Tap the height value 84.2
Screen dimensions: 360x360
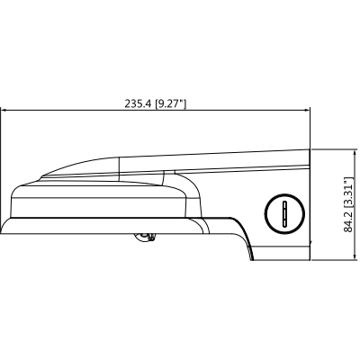coord(348,221)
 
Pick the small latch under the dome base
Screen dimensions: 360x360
coord(144,236)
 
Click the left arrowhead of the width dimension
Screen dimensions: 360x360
coord(4,112)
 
